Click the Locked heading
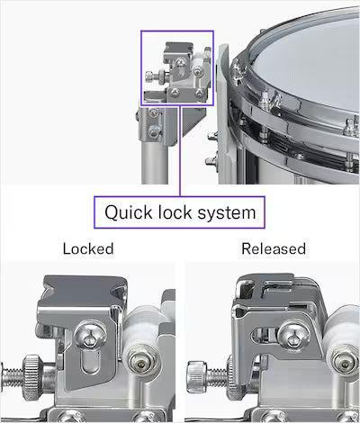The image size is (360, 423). click(88, 248)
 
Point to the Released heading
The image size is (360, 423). click(274, 248)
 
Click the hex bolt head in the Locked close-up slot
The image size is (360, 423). click(90, 335)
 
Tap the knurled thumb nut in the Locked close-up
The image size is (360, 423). click(32, 377)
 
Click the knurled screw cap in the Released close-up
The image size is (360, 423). click(197, 376)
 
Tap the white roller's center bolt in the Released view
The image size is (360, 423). click(346, 360)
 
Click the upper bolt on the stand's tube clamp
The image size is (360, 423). click(154, 113)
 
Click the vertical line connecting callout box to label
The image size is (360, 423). click(180, 151)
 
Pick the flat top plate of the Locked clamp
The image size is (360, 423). click(85, 289)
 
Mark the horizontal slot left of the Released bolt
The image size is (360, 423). click(264, 335)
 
